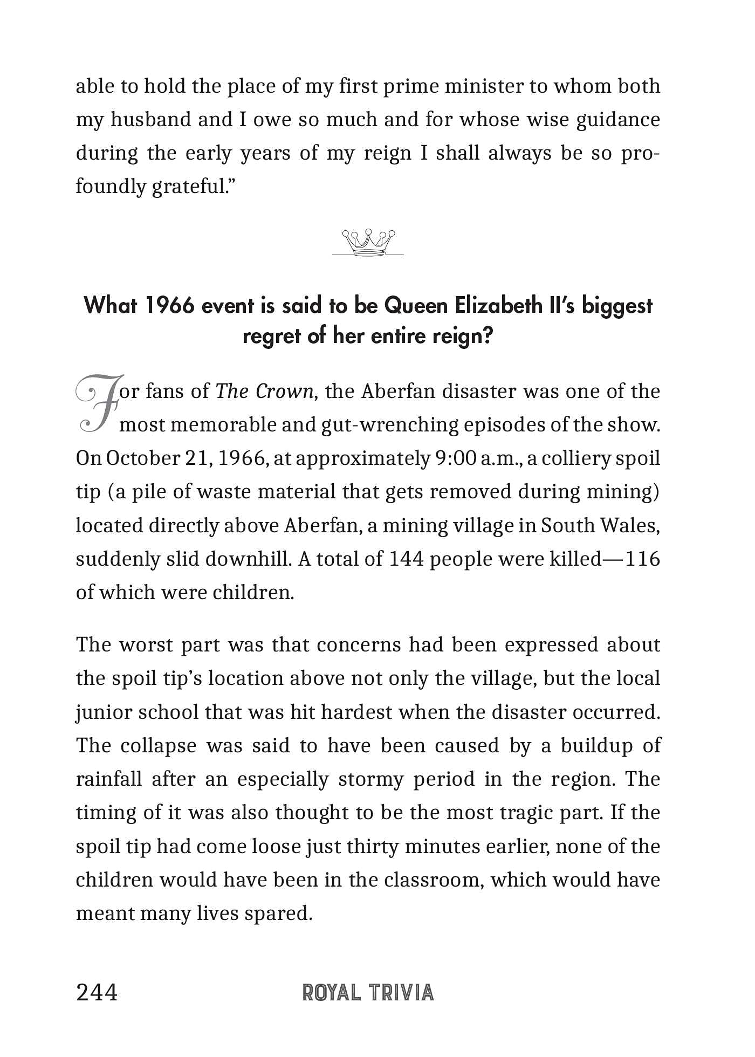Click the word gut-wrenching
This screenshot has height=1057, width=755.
(389, 425)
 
